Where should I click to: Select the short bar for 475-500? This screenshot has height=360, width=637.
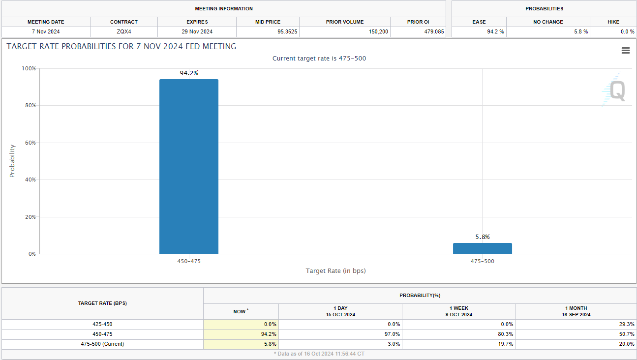pyautogui.click(x=482, y=248)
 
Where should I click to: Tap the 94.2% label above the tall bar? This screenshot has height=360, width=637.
pyautogui.click(x=189, y=73)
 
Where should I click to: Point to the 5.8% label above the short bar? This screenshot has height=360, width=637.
pyautogui.click(x=483, y=237)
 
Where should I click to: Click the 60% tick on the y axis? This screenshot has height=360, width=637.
pyautogui.click(x=30, y=143)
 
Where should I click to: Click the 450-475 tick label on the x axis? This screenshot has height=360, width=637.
pyautogui.click(x=189, y=261)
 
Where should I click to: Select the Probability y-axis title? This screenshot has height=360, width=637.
pyautogui.click(x=13, y=161)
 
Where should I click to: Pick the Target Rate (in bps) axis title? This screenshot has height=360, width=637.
pyautogui.click(x=335, y=271)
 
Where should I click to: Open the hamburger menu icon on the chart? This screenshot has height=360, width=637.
pyautogui.click(x=626, y=51)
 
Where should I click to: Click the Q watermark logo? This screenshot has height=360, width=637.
pyautogui.click(x=616, y=91)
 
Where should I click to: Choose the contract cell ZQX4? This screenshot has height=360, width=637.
pyautogui.click(x=124, y=32)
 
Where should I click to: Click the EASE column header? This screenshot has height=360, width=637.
pyautogui.click(x=479, y=22)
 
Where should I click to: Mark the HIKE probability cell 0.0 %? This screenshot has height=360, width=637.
pyautogui.click(x=627, y=32)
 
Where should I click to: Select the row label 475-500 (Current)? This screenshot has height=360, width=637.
pyautogui.click(x=102, y=344)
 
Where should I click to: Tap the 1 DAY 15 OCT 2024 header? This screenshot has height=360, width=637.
pyautogui.click(x=340, y=311)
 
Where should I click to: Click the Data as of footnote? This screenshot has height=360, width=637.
pyautogui.click(x=319, y=354)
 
